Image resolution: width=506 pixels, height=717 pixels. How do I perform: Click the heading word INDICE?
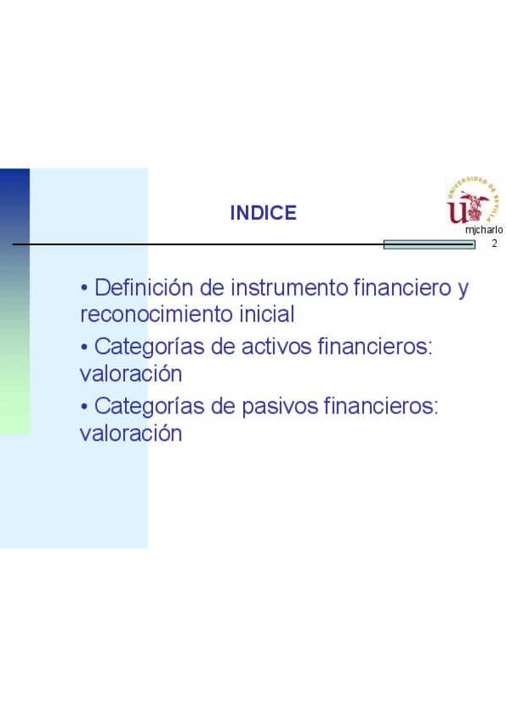tap(263, 213)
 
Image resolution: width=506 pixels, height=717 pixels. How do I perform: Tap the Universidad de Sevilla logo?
tap(473, 200)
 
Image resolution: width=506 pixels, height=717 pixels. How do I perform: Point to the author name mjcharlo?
tap(484, 230)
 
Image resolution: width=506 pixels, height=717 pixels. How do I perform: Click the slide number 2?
tap(494, 244)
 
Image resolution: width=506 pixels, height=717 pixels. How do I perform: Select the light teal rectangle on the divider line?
tap(429, 244)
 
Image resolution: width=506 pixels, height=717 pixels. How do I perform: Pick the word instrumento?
tap(290, 287)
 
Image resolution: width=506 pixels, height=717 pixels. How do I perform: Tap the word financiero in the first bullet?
tap(402, 287)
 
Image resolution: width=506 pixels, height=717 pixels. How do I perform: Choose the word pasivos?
tap(280, 407)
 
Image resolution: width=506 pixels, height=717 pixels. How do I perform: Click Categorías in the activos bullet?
tap(150, 347)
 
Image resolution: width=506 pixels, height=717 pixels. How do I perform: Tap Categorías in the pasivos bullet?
tap(150, 407)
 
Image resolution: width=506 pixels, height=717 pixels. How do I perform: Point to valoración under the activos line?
tap(131, 374)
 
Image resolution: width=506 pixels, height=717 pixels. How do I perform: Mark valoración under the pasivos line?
tap(131, 434)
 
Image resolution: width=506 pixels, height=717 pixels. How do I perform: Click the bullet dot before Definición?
tap(84, 288)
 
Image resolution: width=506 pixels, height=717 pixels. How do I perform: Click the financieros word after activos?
tap(375, 347)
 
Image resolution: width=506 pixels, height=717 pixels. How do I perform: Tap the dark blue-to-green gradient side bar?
tap(14, 301)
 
